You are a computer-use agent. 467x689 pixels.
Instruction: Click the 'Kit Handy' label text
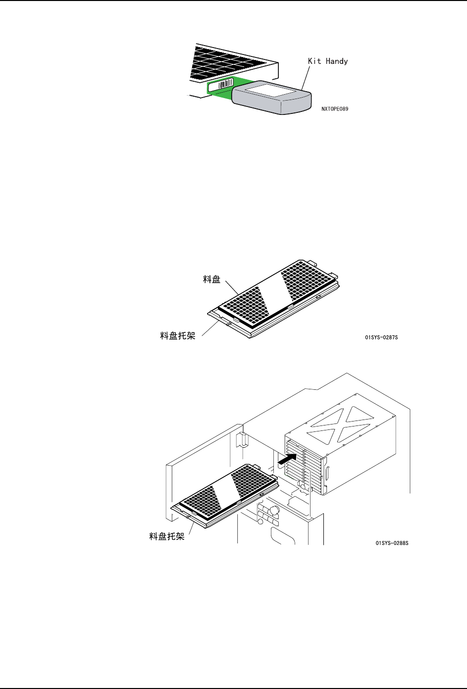coord(328,61)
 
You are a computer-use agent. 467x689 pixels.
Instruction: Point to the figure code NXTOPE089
coord(334,108)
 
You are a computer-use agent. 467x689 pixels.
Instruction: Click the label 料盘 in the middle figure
coord(212,280)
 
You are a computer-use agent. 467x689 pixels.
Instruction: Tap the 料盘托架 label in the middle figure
coord(178,336)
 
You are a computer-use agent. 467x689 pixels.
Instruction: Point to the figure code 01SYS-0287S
coord(381,337)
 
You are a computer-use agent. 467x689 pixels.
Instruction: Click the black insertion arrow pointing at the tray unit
coord(290,459)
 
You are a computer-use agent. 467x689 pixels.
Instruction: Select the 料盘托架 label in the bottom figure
coord(167,536)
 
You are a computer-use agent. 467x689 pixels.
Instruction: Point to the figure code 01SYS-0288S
coord(392,543)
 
